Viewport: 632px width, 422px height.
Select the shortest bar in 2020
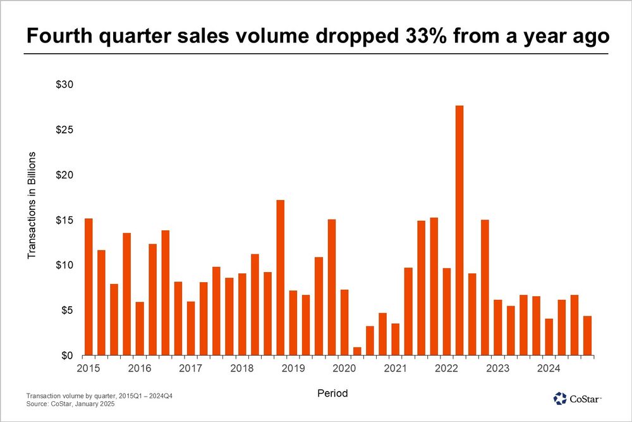click(x=357, y=351)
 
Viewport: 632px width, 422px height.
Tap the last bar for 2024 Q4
click(x=587, y=335)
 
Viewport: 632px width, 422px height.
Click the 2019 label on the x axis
click(x=293, y=368)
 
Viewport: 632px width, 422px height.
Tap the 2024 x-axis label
click(x=549, y=368)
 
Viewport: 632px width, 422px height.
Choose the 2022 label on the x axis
click(x=446, y=368)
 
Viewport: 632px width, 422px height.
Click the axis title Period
click(x=332, y=394)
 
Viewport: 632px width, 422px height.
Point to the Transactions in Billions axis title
click(x=31, y=205)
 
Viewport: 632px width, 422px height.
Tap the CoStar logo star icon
click(x=560, y=398)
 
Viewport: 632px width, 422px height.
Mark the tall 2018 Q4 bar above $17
click(x=281, y=278)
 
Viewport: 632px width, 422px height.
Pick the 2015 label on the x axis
click(x=88, y=368)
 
